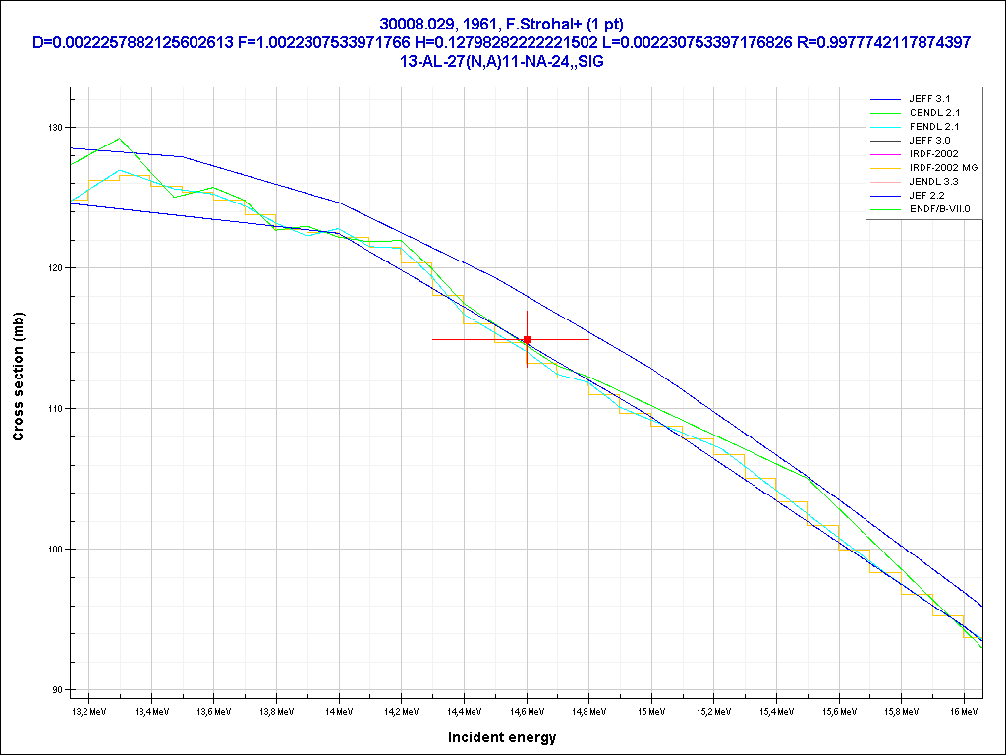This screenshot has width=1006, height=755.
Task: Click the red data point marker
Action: point(528,339)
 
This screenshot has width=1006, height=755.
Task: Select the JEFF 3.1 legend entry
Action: point(929,99)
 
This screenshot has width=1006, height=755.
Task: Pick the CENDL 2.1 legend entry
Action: point(932,113)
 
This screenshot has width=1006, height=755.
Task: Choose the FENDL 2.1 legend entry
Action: point(932,127)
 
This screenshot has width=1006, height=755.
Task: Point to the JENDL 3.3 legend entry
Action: point(932,182)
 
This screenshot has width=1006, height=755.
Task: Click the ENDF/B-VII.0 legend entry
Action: point(939,209)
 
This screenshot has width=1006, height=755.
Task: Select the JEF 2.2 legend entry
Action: point(926,196)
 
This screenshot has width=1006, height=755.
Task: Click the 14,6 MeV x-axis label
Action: point(527,709)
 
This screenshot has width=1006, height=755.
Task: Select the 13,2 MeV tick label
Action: point(89,709)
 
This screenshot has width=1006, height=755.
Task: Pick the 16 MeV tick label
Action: point(963,709)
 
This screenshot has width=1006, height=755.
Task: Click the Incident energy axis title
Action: point(502,737)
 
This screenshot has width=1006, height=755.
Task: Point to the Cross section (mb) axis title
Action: point(19,377)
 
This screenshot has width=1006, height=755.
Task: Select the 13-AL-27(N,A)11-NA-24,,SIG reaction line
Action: point(502,61)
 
